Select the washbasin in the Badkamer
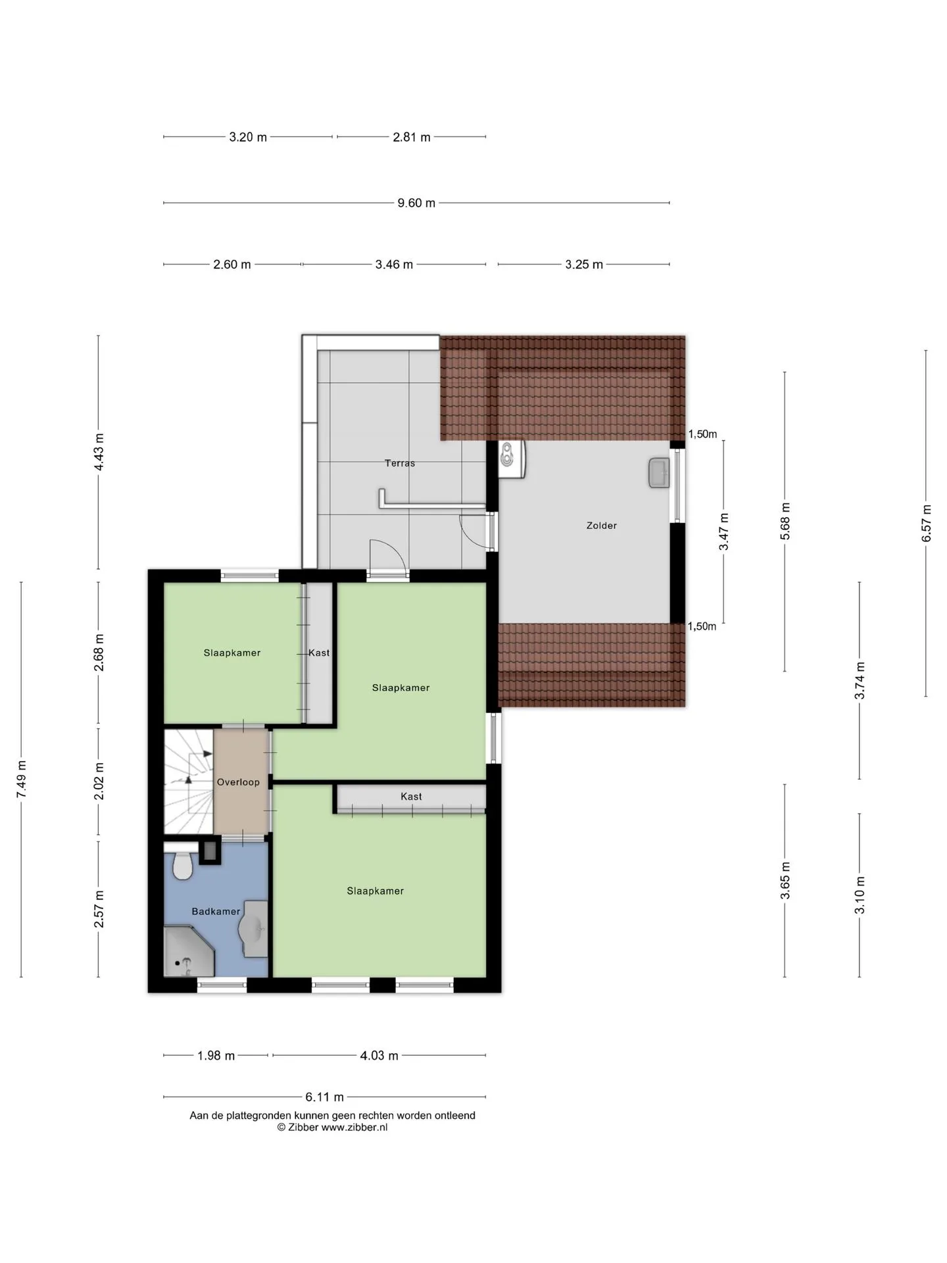point(255,928)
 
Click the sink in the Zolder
point(659,473)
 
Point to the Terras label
point(400,463)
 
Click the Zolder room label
point(602,526)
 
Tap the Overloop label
point(238,782)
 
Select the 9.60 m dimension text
point(416,203)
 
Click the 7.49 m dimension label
point(22,780)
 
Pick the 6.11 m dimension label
point(325,1097)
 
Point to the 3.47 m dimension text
point(723,532)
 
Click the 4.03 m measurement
point(379,1056)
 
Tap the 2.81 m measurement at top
point(412,137)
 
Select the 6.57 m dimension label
point(927,524)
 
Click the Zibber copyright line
point(332,1127)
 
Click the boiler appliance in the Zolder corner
point(511,458)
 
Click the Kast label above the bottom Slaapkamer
point(411,797)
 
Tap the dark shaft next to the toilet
point(210,852)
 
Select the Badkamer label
point(216,911)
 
